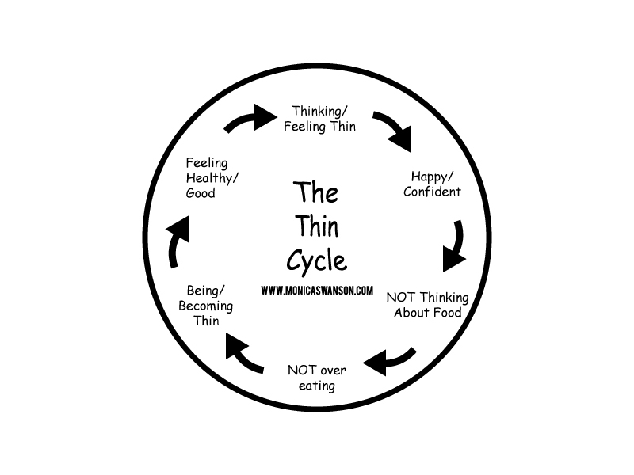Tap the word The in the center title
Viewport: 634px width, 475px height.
315,192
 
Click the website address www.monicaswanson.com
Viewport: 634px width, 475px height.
317,291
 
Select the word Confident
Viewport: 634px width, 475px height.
432,192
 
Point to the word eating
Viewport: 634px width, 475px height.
316,386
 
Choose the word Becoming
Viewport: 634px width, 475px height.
205,306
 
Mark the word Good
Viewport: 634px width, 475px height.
201,193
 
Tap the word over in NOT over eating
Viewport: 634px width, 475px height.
333,370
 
